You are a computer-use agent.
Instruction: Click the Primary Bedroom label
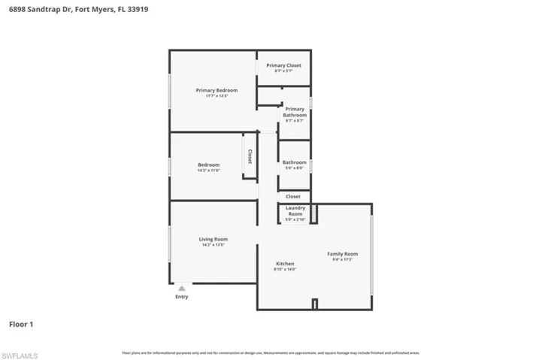tap(211, 90)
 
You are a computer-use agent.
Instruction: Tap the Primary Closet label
tap(283, 65)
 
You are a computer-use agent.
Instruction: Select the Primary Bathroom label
tap(295, 112)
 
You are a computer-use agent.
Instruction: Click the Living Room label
tap(213, 239)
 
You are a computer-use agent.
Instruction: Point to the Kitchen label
tap(285, 264)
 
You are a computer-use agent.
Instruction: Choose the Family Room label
tap(342, 254)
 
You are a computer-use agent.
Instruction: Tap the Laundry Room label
tap(295, 210)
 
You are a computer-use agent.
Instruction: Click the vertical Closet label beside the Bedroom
tap(250, 156)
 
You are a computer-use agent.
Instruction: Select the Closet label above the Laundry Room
tap(293, 196)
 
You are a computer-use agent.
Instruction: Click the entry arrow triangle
tap(181, 287)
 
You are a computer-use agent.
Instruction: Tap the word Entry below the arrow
tap(182, 297)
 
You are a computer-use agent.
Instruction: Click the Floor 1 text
tap(21, 325)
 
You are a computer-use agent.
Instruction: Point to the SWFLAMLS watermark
tap(20, 354)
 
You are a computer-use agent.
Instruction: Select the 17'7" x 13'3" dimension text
tap(211, 96)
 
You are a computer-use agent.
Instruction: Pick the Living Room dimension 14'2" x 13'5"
tap(213, 245)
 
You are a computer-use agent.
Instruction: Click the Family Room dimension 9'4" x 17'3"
tap(342, 259)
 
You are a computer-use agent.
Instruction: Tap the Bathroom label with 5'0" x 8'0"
tap(294, 162)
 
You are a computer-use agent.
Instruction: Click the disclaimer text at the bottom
tap(271, 352)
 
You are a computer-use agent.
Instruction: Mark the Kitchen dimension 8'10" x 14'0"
tap(285, 269)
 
